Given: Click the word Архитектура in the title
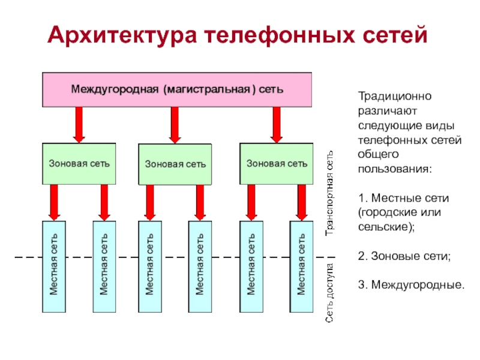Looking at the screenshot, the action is point(122,35).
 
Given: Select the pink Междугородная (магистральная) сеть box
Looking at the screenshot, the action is point(177,89).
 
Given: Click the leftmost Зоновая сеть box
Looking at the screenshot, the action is point(79,164).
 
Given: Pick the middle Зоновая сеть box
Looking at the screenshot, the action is point(175,164).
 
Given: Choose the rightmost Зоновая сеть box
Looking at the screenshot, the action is point(277,164).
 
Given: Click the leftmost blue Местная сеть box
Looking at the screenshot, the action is point(54,266).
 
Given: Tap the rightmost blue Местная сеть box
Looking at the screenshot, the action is point(302,266).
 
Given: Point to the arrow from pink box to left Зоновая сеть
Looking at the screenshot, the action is point(79,125).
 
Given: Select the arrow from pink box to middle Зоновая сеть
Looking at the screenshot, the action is point(175,125).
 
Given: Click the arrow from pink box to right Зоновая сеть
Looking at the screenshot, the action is point(277,125).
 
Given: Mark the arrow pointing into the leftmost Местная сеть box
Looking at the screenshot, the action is point(54,203).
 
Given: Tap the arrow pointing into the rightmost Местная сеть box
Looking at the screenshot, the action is point(302,203).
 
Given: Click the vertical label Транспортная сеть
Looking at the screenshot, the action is point(329,193).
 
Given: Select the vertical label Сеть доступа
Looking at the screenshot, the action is point(329,293).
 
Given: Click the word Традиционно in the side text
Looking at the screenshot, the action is point(395,96).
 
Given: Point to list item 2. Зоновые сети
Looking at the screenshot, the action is point(404,256).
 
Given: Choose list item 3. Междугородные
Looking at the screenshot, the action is point(412,285).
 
